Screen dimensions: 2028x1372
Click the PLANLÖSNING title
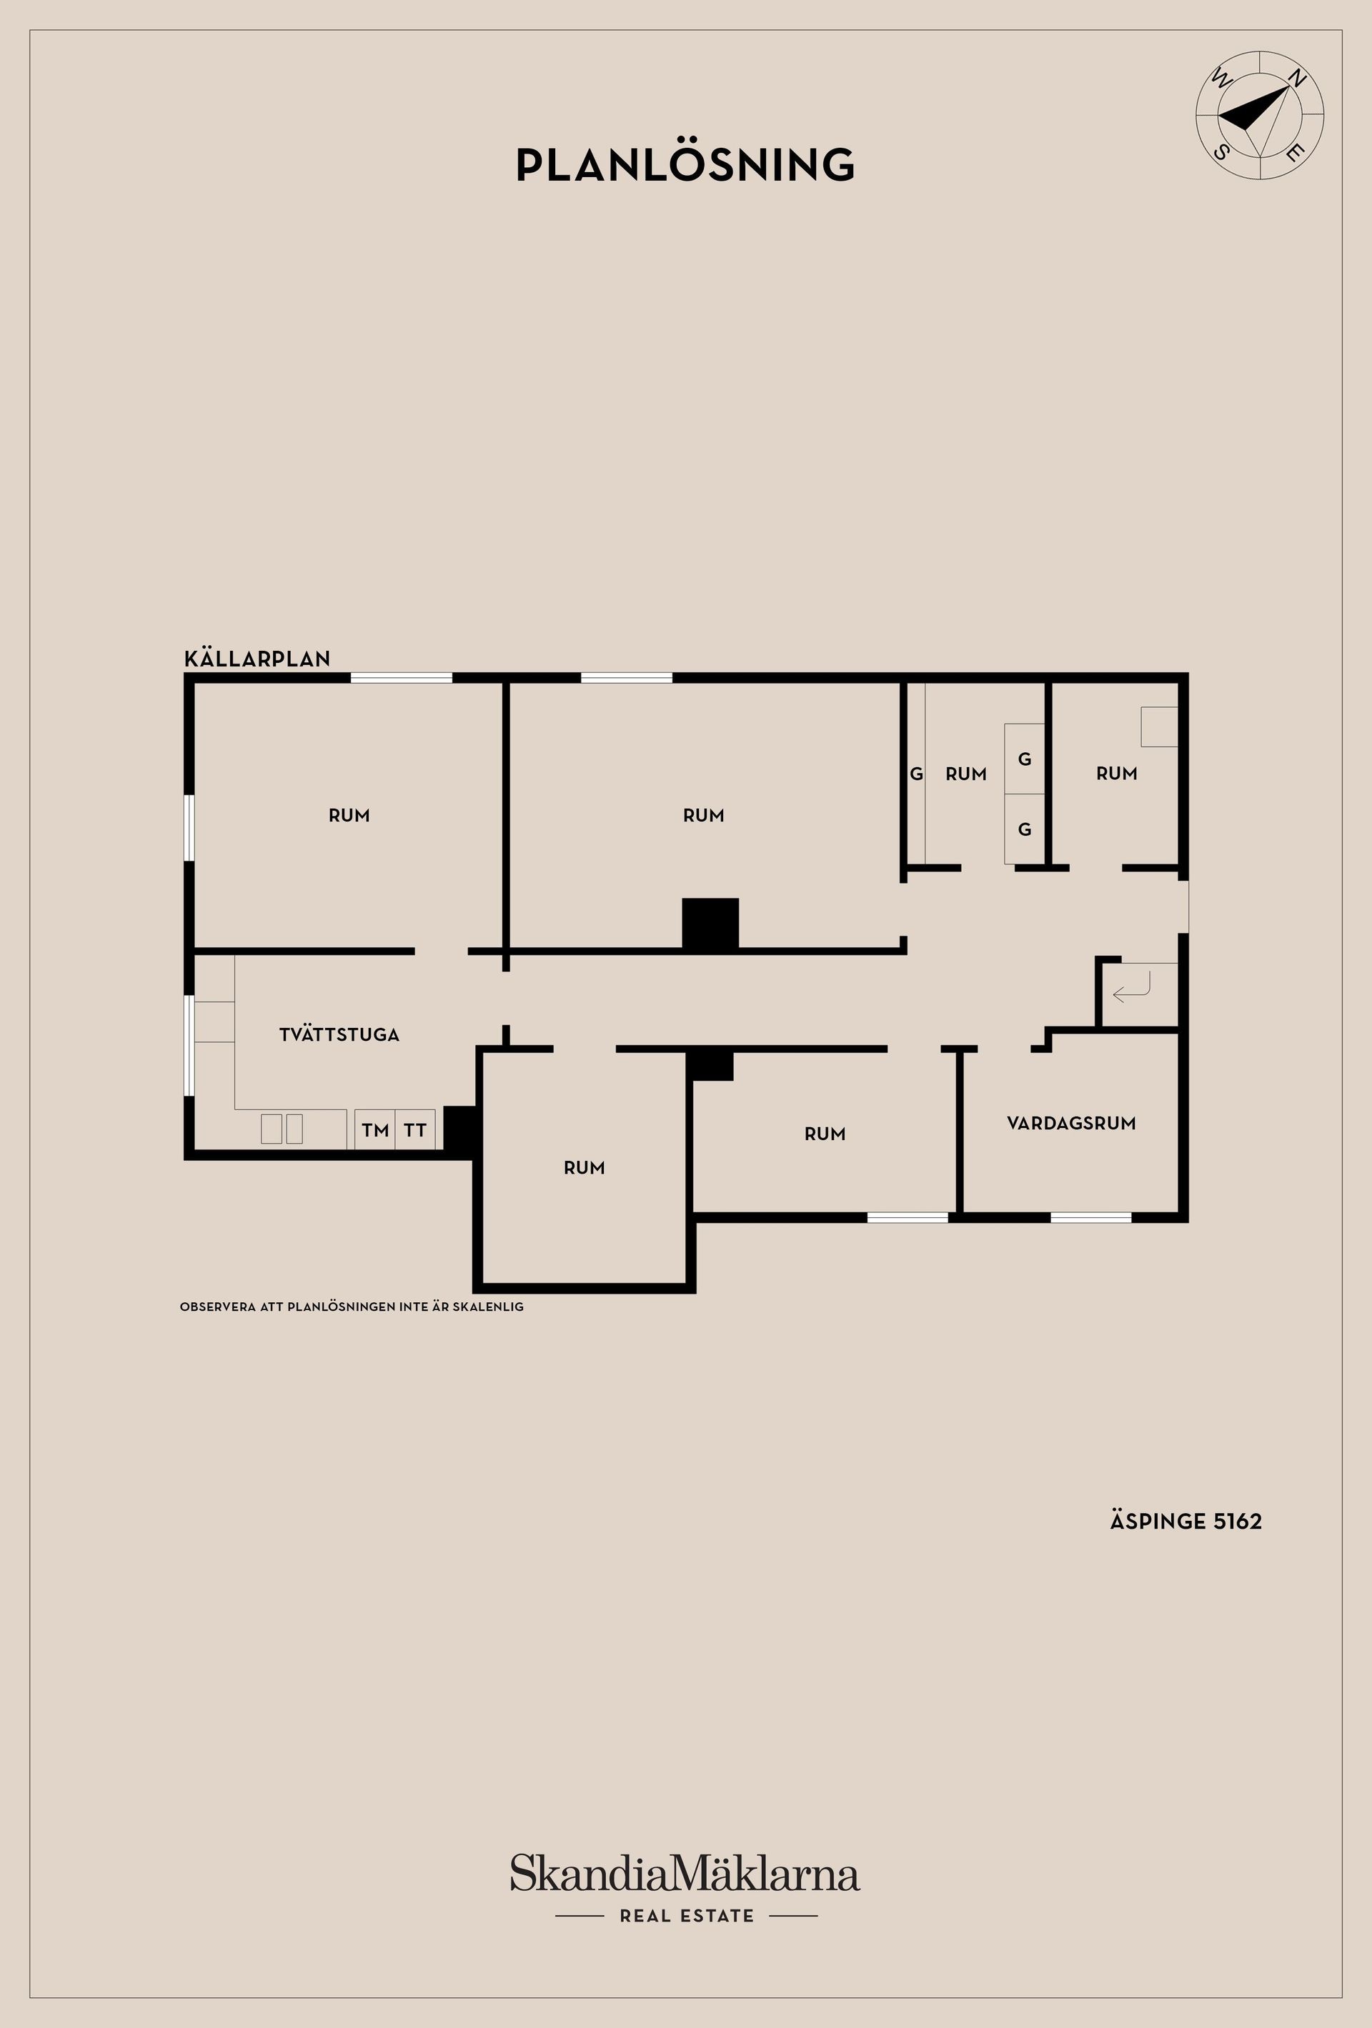pos(685,165)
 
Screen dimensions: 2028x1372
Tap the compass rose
pos(1258,115)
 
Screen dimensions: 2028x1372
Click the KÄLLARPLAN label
pos(257,659)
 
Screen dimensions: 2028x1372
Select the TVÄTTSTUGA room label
pos(339,1035)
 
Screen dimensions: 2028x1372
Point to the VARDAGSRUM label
pos(1071,1123)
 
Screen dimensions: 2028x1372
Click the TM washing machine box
pos(375,1130)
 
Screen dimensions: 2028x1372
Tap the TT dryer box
pos(415,1130)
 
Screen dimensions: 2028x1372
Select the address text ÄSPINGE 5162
pos(1185,1522)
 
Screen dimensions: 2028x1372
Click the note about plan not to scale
pos(352,1307)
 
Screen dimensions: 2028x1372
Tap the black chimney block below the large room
pos(710,923)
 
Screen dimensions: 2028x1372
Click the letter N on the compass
pos(1297,79)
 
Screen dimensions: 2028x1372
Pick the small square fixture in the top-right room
pos(1159,726)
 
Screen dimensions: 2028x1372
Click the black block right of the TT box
pos(458,1130)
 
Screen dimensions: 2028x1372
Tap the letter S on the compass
pos(1222,152)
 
